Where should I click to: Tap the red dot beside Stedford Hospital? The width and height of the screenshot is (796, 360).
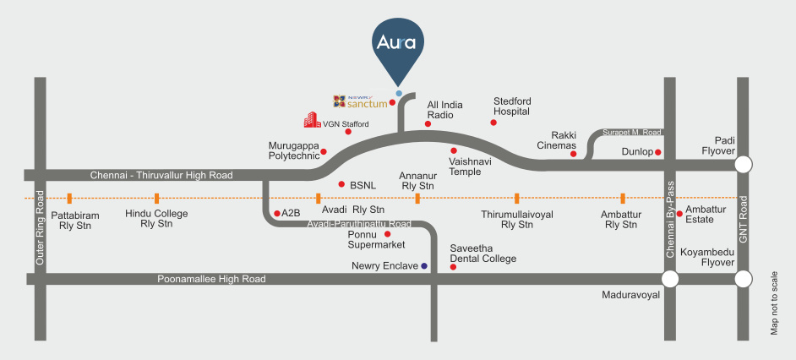coord(493,123)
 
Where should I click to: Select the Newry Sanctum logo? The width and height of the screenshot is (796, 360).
coord(361,102)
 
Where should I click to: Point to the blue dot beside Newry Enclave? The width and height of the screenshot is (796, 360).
coord(424,266)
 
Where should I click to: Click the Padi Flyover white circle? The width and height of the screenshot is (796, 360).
coord(744,164)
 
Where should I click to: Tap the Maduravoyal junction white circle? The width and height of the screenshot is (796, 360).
coord(670,279)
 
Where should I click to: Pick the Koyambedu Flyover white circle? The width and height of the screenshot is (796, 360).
coord(744,279)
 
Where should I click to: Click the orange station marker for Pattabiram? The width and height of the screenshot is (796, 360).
coord(69,199)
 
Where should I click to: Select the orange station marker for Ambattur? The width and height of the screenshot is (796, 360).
coord(623,199)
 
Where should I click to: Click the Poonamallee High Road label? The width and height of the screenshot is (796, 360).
coord(211,279)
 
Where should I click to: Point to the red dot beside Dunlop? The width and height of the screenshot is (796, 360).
coord(658,152)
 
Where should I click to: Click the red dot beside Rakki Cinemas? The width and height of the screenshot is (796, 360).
coord(573,154)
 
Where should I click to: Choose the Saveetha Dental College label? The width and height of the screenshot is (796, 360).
coord(483,254)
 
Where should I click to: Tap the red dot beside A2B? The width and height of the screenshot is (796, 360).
coord(277,213)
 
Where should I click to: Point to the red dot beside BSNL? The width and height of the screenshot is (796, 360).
coord(341,183)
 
